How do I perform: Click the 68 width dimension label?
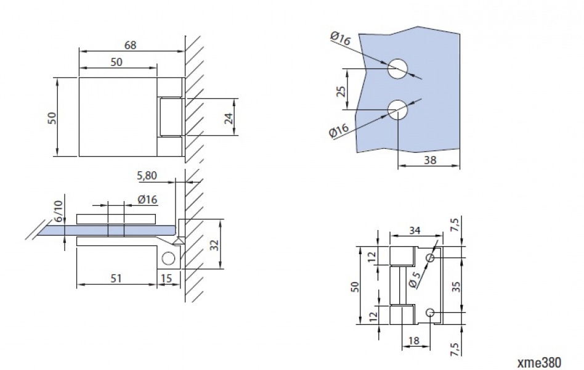[x=129, y=44]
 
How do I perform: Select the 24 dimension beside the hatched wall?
[x=229, y=118]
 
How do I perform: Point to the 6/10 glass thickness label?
[x=59, y=212]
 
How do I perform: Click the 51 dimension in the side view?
[x=115, y=278]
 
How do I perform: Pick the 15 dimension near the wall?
[x=166, y=278]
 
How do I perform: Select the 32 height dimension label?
[x=214, y=245]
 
